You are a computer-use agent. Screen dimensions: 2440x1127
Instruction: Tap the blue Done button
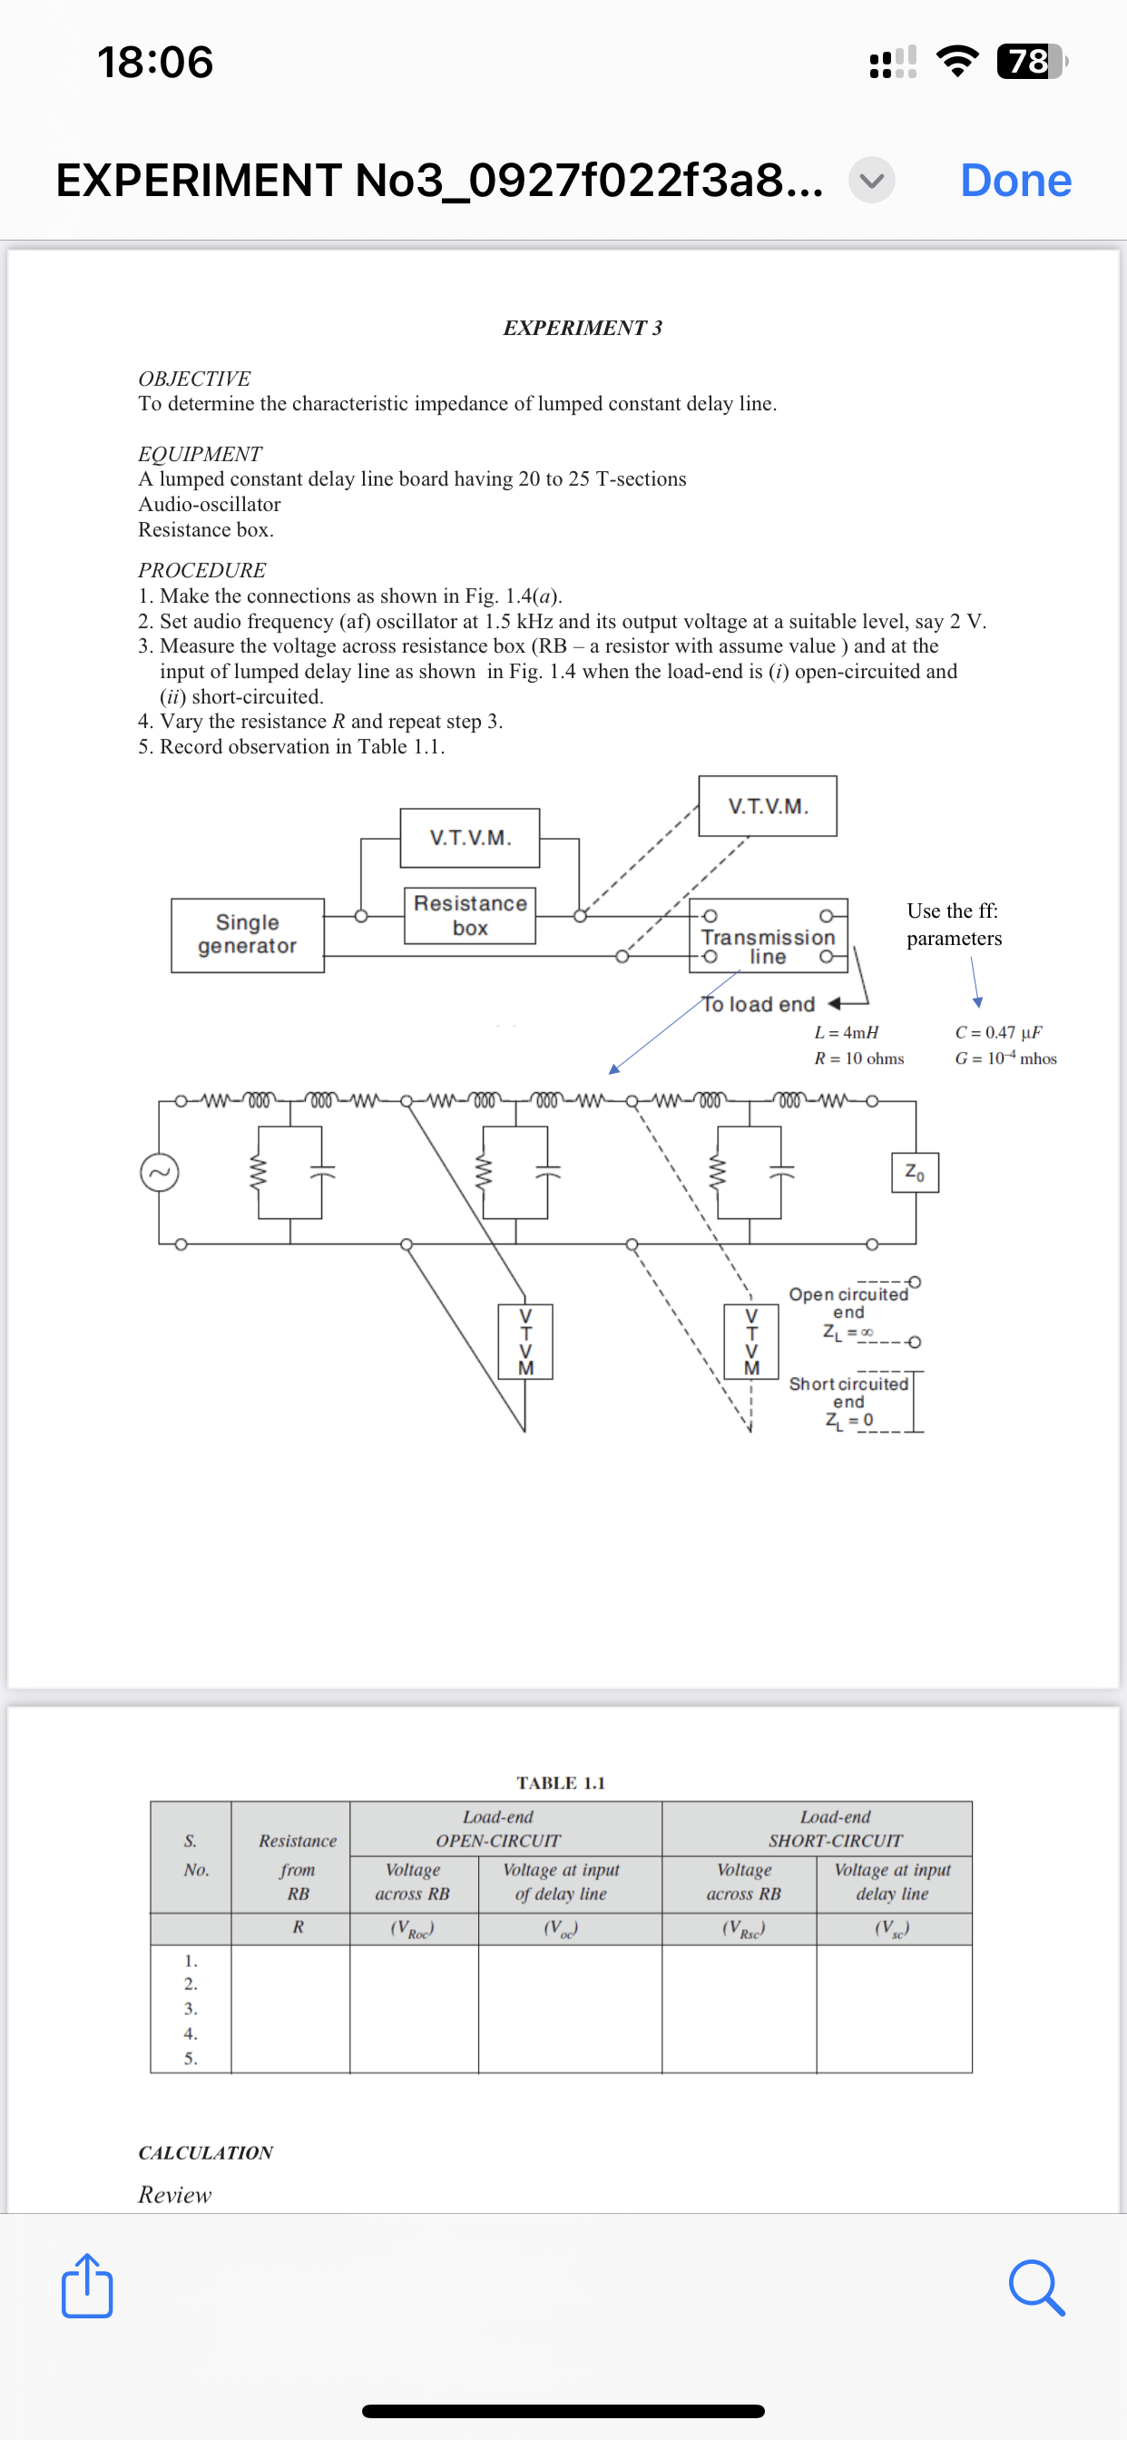pos(1015,180)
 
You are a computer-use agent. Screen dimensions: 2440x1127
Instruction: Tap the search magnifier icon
pos(1036,2287)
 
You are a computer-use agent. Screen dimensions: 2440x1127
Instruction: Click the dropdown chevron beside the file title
pos(871,180)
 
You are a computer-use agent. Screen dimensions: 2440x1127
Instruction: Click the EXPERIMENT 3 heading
pos(583,328)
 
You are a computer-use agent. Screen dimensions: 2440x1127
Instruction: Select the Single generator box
pos(247,934)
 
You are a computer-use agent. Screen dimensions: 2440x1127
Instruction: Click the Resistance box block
pos(470,915)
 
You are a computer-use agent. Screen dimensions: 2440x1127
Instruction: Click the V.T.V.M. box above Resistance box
pos(470,837)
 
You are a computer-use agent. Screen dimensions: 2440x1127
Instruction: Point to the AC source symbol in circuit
pos(160,1173)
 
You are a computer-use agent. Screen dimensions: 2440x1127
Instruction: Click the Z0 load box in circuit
pos(915,1173)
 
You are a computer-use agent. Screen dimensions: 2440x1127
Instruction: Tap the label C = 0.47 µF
pos(998,1031)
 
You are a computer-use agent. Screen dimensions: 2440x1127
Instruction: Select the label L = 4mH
pos(847,1031)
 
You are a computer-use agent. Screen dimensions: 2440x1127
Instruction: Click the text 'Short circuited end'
pos(848,1392)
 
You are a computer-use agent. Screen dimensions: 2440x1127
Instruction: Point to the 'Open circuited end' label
pos(848,1302)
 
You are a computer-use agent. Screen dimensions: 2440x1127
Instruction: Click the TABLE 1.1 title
pos(561,1783)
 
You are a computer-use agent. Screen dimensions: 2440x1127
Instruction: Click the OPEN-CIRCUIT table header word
pos(498,1840)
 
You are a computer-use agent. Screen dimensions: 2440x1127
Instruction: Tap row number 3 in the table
pos(191,2008)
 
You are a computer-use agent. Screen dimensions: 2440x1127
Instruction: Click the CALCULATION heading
pos(205,2152)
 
